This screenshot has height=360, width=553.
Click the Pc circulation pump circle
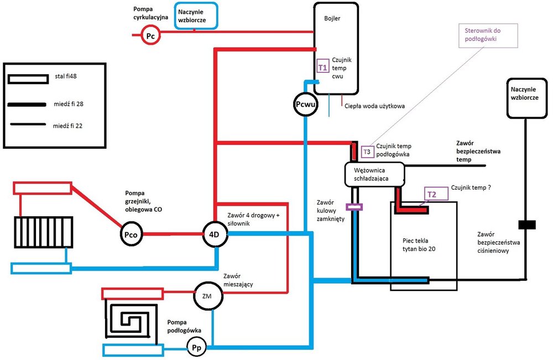click(x=150, y=35)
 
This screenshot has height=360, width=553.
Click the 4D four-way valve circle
click(x=215, y=234)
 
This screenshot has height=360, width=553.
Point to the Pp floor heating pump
click(x=196, y=348)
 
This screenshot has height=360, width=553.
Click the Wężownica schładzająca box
click(x=375, y=173)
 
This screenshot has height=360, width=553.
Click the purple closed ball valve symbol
click(x=354, y=207)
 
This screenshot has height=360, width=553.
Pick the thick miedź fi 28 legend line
click(x=27, y=103)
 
